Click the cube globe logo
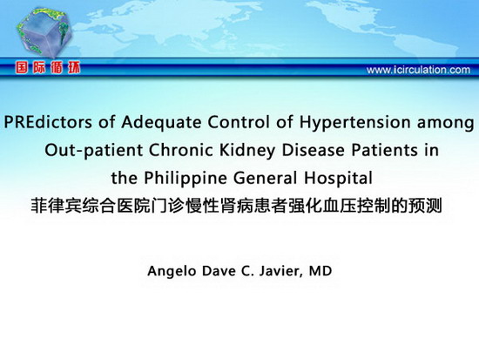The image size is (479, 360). point(44,33)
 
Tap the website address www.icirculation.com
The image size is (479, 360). point(418,70)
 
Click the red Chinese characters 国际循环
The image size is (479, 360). point(48,68)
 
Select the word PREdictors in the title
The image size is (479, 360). point(48,122)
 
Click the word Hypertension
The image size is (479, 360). point(354,123)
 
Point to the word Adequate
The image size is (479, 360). point(161,123)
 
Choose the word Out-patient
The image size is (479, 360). point(94,151)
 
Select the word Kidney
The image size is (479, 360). point(247,151)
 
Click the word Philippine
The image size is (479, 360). point(186,179)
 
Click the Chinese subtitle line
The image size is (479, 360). point(236,206)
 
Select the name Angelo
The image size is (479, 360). point(172,272)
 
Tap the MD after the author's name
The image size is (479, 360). point(320,271)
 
